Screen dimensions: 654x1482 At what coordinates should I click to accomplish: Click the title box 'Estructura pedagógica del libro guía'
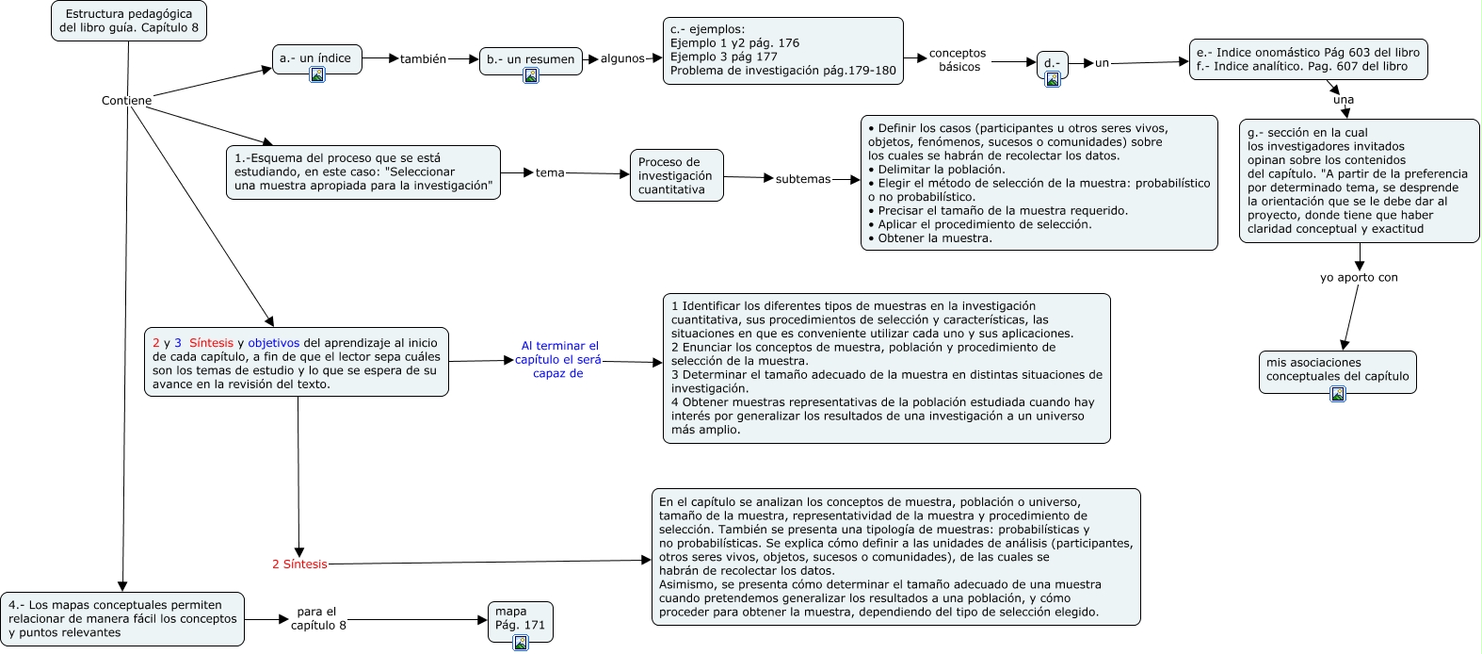pos(128,21)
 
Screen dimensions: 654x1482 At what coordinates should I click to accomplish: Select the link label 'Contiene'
pos(126,101)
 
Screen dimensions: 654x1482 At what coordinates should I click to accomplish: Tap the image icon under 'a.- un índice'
pos(317,74)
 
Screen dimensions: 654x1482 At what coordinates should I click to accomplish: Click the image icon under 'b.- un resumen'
pos(531,75)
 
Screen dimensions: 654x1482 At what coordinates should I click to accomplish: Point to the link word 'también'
pos(423,59)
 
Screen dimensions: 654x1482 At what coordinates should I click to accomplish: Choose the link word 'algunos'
pos(622,58)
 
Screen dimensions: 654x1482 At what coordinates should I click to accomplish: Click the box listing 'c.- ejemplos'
pos(782,50)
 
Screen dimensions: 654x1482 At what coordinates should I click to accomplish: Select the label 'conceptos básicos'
pos(958,60)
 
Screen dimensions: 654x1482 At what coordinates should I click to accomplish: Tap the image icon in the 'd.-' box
pos(1053,79)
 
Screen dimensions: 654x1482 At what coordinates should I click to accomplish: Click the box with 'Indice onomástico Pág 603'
pos(1308,59)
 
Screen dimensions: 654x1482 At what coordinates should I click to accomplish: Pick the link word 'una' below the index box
pos(1344,100)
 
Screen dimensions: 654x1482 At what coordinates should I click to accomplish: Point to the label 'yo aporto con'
pos(1359,278)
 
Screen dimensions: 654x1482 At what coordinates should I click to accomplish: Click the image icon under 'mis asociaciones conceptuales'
pos(1338,394)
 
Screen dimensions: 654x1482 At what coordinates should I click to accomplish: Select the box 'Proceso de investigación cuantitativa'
pos(676,175)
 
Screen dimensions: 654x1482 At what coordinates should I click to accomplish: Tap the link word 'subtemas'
pos(803,179)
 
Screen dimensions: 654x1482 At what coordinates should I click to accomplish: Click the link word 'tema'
pos(550,173)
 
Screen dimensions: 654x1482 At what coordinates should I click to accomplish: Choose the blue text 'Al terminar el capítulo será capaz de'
pos(559,360)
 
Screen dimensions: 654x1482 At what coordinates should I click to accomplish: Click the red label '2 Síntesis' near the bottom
pos(299,564)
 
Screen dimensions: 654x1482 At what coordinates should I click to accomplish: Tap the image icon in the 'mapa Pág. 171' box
pos(521,643)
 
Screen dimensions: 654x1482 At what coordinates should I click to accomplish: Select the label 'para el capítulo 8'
pos(317,619)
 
